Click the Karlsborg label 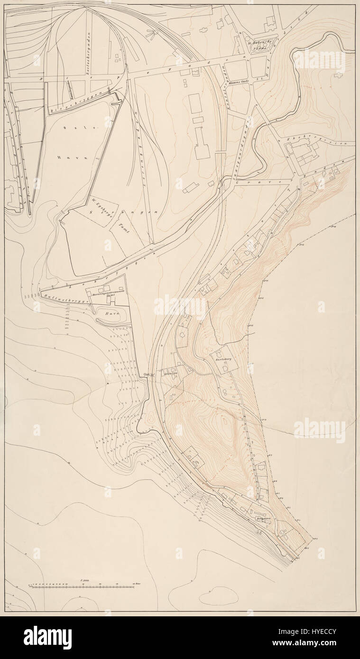(x=222, y=359)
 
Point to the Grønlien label (x=171, y=373)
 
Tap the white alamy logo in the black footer (x=48, y=637)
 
